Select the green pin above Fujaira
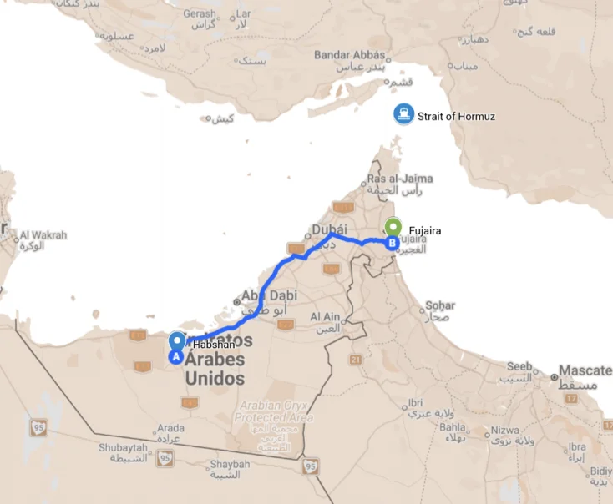coord(393,225)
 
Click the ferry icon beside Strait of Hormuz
coord(403,115)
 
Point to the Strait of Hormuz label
coord(457,116)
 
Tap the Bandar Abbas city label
coord(350,55)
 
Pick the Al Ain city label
coord(326,316)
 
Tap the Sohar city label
coord(440,305)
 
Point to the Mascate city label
coord(585,370)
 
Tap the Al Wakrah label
coord(43,235)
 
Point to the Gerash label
coord(200,14)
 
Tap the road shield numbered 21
coord(355,360)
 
